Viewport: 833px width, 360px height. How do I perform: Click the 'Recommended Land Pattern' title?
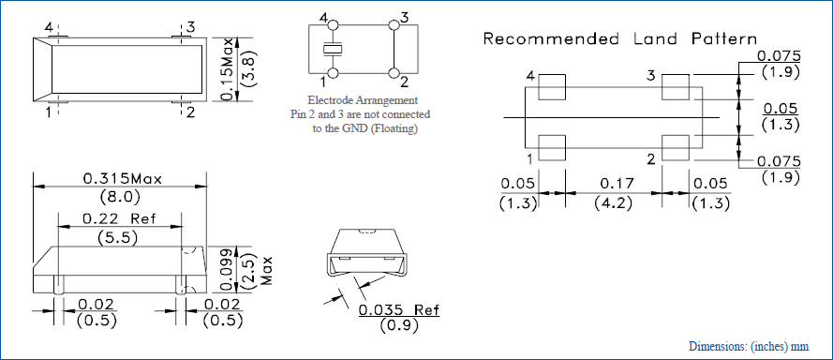pos(620,38)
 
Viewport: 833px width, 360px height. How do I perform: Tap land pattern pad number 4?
pos(552,86)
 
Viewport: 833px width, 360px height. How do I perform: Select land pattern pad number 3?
pos(676,86)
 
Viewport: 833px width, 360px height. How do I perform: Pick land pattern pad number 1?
pos(552,148)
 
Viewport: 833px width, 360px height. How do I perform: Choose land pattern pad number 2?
pos(676,148)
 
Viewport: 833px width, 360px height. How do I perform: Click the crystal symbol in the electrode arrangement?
pos(333,50)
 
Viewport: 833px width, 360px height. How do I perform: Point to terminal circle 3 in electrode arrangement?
pos(394,25)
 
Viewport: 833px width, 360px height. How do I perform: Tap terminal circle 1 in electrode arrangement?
pos(333,73)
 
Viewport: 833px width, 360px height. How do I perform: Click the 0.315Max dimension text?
pos(122,179)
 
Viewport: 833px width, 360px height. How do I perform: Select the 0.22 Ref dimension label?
pos(119,219)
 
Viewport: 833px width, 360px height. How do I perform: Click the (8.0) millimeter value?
pos(120,198)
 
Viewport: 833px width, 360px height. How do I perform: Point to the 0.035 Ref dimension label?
pos(399,309)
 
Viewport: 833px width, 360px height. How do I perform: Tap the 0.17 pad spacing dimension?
pos(617,184)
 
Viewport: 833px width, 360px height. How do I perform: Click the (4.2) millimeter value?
pos(614,203)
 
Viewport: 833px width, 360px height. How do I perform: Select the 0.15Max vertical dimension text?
pos(228,69)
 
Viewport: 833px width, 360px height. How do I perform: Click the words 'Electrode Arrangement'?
pos(363,100)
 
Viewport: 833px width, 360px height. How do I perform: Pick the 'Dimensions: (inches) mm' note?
pos(749,346)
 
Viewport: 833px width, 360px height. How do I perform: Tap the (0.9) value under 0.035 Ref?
pos(399,325)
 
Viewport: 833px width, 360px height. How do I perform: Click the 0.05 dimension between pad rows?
pos(781,109)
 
